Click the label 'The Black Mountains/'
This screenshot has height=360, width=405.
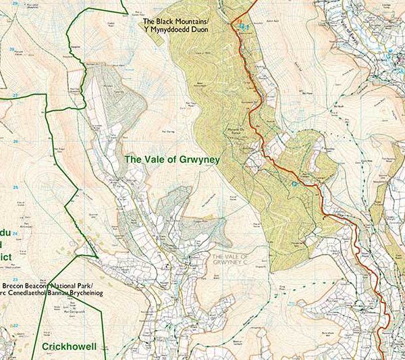[x=176, y=21]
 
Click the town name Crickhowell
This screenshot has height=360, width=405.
[x=70, y=346]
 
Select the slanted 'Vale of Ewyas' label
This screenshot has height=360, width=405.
[x=348, y=30]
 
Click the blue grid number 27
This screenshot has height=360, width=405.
[x=15, y=95]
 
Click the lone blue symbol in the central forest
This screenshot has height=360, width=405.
[x=294, y=182]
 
